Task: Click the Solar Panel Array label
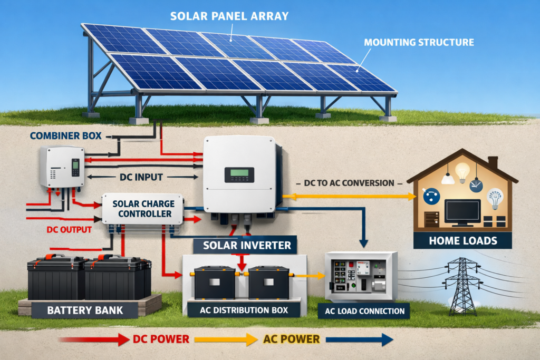[229, 15]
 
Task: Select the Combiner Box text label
[59, 135]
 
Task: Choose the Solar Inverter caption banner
[243, 245]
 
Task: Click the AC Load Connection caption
[365, 311]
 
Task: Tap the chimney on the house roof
[493, 162]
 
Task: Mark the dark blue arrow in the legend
[359, 339]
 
